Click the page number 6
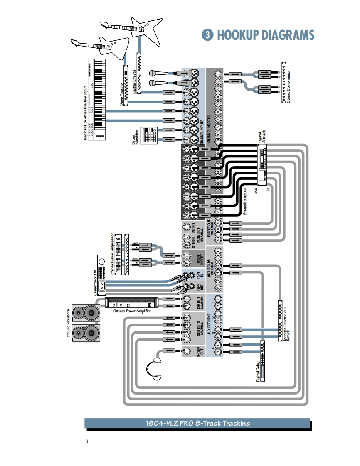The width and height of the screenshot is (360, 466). (87, 441)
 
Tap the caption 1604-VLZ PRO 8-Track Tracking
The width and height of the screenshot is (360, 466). (197, 424)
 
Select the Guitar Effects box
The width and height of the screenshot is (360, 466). (139, 73)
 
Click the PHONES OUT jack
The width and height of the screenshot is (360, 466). (187, 351)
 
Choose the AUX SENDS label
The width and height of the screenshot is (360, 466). (209, 270)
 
